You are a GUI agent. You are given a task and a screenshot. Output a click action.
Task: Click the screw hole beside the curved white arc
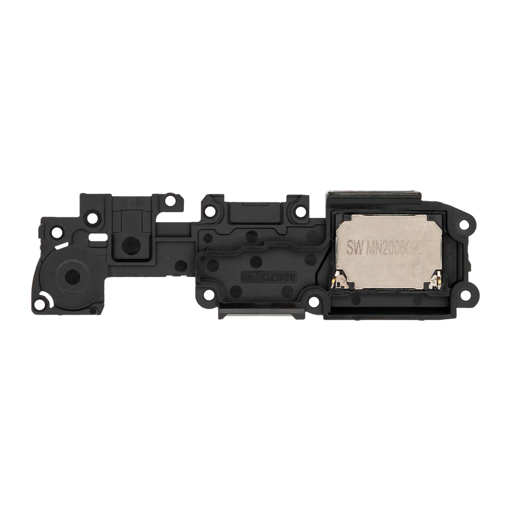pyautogui.click(x=40, y=304)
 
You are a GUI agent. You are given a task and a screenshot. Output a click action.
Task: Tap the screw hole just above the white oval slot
pyautogui.click(x=91, y=220)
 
